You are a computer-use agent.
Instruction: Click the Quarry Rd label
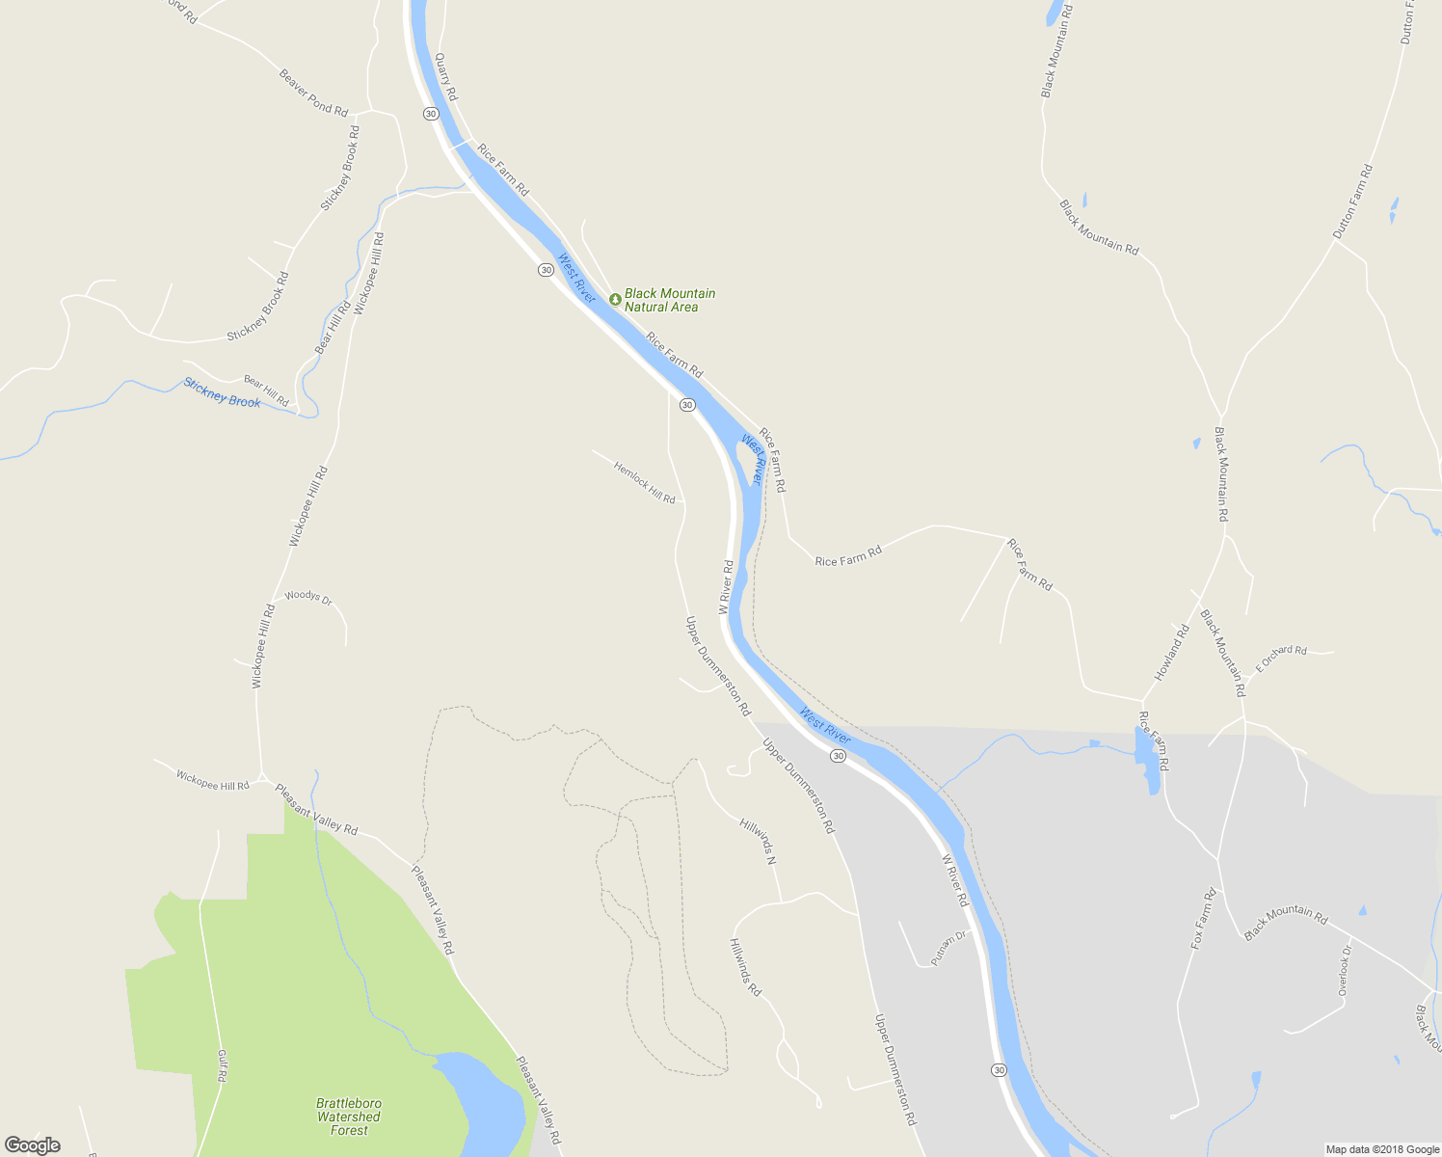[445, 77]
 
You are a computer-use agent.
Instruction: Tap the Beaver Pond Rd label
[313, 93]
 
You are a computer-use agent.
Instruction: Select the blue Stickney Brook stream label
[222, 393]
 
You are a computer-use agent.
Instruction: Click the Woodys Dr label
[308, 598]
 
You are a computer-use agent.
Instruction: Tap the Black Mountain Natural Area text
[669, 300]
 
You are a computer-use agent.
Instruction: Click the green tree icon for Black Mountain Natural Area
[615, 299]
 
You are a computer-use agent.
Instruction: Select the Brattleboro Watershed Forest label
[349, 1117]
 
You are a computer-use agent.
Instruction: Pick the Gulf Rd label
[222, 1065]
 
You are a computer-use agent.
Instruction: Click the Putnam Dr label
[948, 948]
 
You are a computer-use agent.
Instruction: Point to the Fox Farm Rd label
[1204, 920]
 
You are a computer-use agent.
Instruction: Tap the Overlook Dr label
[1345, 971]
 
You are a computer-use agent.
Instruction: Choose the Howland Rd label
[1172, 653]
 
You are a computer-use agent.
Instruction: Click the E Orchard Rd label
[1281, 659]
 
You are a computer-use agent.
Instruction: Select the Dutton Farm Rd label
[1352, 202]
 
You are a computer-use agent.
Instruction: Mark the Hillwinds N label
[759, 840]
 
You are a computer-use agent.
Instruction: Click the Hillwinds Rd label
[745, 967]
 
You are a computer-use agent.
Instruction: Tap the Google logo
[32, 1145]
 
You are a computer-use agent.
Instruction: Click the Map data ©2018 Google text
[1381, 1149]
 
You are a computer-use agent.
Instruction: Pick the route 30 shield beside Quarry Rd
[430, 114]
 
